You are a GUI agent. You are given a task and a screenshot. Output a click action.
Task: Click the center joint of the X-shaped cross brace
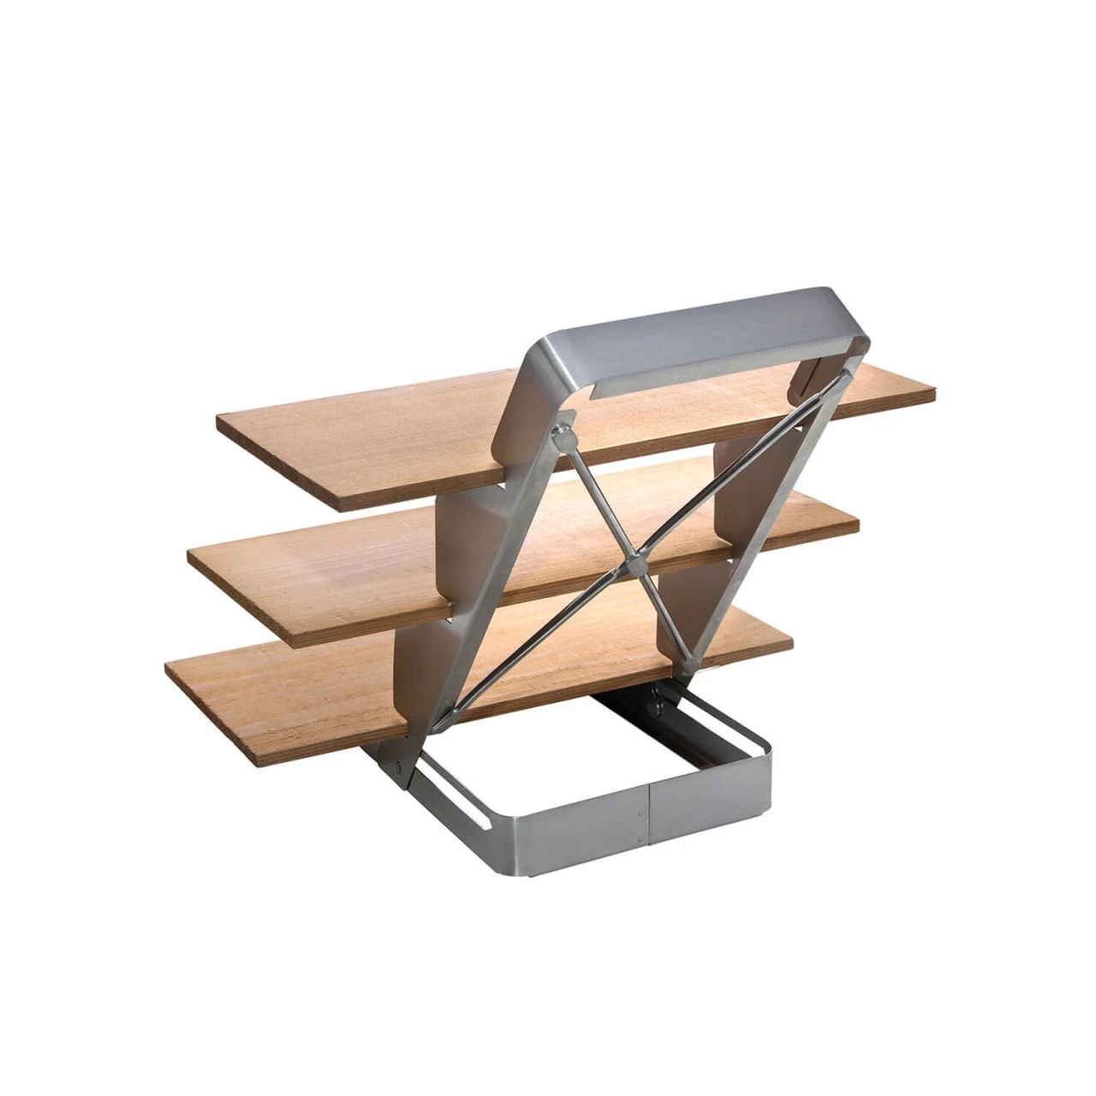tap(634, 564)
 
